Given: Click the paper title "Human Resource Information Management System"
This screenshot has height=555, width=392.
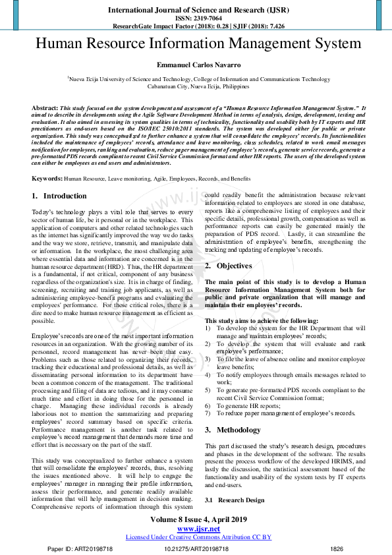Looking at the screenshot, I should [198, 44].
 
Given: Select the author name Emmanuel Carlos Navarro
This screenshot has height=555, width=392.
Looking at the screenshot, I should [198, 67].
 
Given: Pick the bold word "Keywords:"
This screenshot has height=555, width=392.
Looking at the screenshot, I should [47, 160].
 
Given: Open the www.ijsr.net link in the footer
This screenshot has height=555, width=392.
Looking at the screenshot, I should [198, 529].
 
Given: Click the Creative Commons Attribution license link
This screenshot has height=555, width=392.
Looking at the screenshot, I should [198, 537].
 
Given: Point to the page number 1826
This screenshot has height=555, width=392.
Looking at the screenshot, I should [337, 548].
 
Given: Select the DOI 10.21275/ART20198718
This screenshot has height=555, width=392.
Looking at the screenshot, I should [196, 548].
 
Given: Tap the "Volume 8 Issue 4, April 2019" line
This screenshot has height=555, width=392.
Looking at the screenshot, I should [198, 520].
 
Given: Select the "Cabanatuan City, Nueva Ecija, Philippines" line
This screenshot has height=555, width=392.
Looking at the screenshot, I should [198, 86].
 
